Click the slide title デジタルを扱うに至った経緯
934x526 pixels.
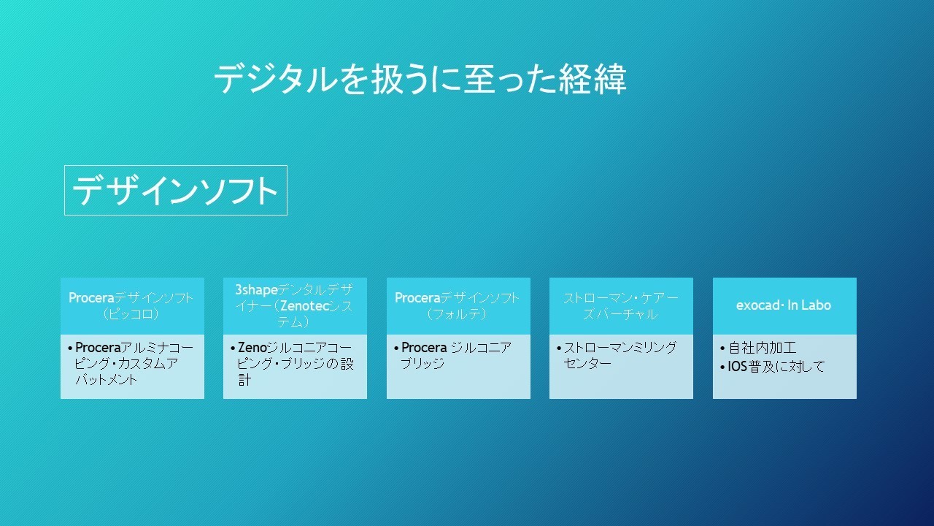420,79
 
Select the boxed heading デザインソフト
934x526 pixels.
176,191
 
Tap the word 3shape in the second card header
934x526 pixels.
256,289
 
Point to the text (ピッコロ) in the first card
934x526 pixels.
131,313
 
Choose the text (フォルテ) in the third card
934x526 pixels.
457,313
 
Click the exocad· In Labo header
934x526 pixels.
784,305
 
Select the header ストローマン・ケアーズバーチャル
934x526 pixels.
621,305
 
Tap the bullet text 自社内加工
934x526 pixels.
763,347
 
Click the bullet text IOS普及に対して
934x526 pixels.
776,367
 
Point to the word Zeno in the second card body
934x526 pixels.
252,347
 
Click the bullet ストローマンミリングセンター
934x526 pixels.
620,355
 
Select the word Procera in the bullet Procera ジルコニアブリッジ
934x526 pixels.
424,347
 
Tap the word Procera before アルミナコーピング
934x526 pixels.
98,347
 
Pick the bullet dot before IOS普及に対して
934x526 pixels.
722,367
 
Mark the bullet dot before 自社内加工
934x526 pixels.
722,348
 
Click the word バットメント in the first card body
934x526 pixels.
107,379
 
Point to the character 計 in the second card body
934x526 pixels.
244,379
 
